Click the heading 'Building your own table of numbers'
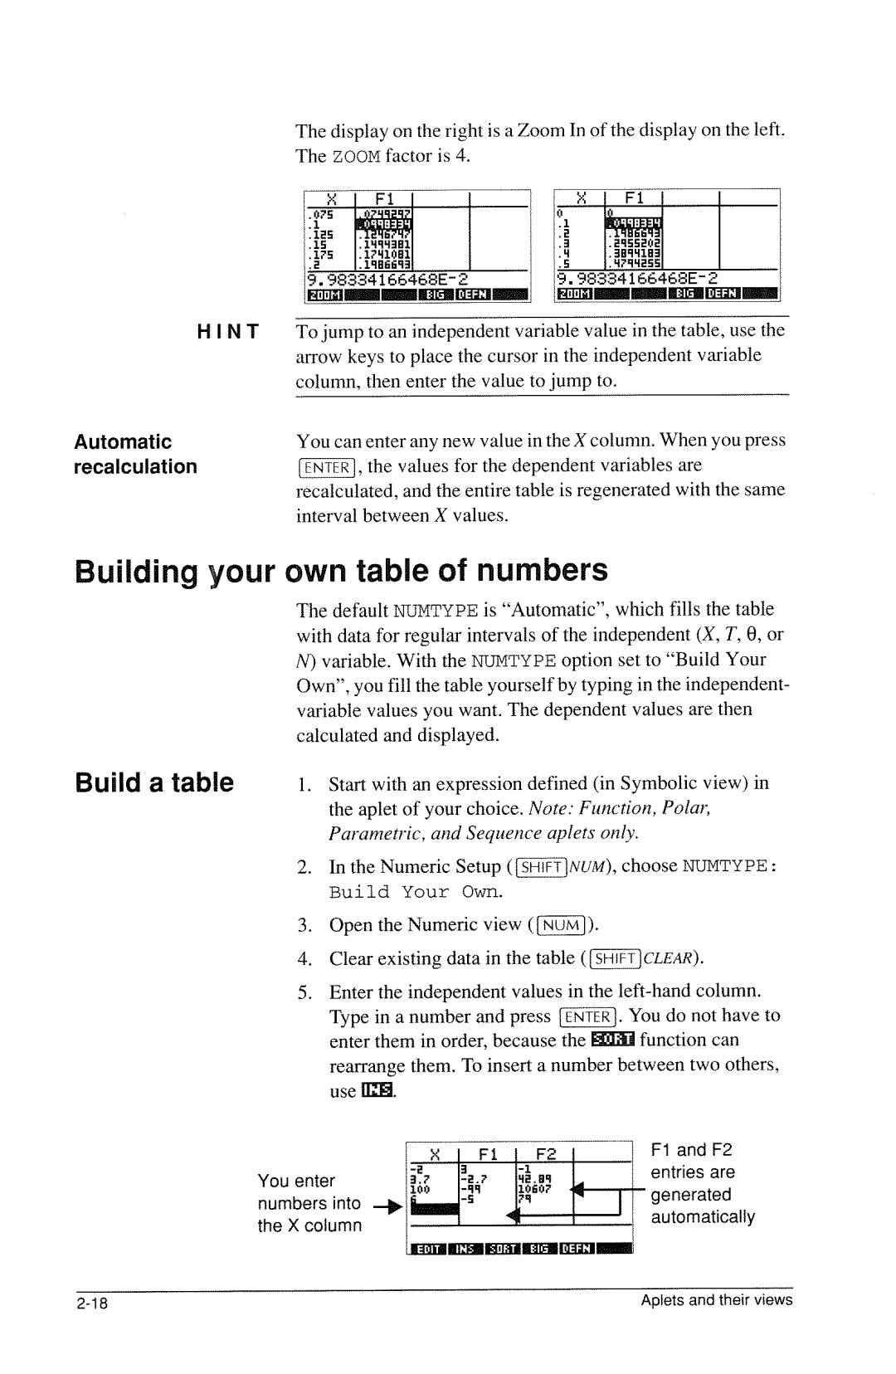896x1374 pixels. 341,570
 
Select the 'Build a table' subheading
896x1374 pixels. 153,782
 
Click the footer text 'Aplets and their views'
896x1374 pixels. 716,1300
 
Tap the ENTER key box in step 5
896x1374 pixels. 587,1017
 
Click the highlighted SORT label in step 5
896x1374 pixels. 612,1040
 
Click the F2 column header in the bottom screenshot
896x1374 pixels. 545,1154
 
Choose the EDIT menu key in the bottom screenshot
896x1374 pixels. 428,1250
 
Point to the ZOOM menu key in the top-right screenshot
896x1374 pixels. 572,294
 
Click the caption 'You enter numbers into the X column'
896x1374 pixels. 309,1203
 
